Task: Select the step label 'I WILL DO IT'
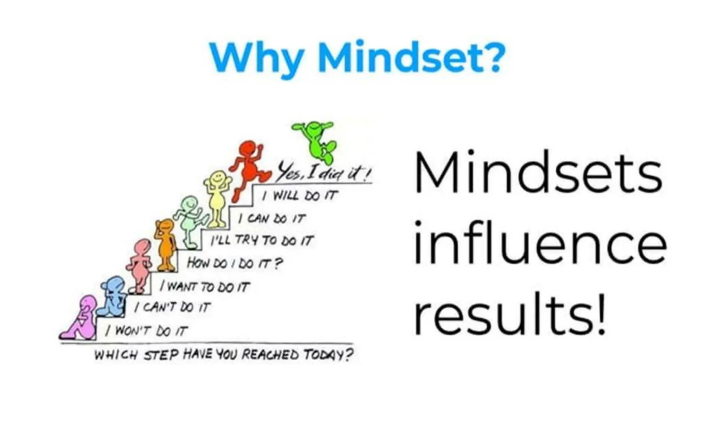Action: [301, 196]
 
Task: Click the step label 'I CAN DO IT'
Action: [272, 219]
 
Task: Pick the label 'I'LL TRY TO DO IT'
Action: [262, 240]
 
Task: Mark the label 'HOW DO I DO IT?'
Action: [234, 263]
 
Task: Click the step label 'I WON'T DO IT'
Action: [147, 330]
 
